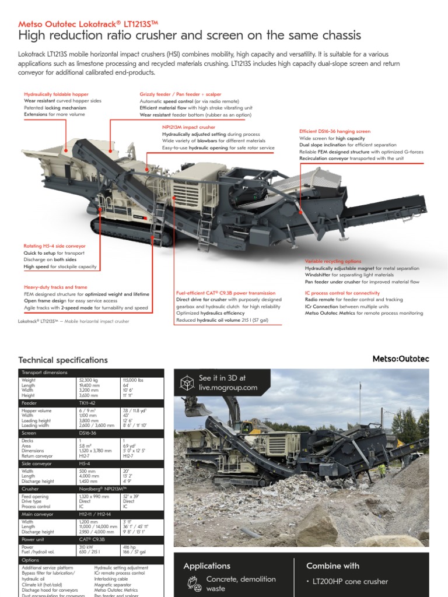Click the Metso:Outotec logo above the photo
click(401, 359)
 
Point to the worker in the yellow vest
click(381, 469)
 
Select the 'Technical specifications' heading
click(63, 360)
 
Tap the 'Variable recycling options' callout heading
click(333, 261)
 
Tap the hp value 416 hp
click(129, 547)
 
